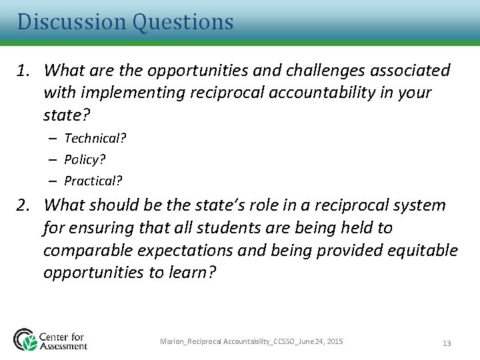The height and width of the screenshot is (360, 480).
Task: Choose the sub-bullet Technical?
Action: point(95,139)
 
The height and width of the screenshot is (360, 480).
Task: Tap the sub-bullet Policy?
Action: point(85,160)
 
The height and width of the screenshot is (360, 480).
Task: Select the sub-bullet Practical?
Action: point(93,181)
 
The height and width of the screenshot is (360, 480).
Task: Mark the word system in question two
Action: point(420,205)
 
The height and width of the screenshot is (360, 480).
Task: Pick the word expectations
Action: point(188,251)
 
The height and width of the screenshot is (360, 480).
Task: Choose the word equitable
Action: point(424,251)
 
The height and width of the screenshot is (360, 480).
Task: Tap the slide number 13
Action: point(447,343)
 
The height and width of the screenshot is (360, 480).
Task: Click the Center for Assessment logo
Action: point(51,340)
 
